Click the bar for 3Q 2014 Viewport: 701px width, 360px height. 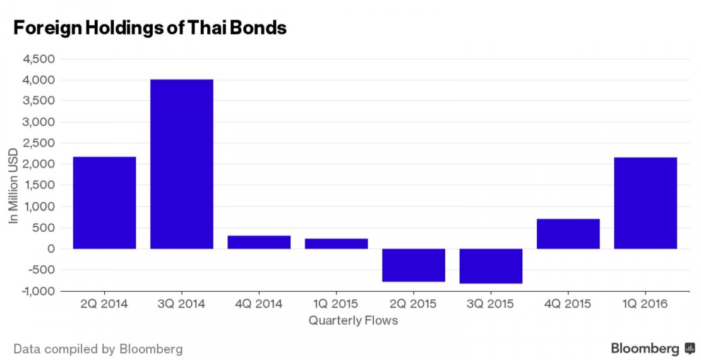pos(182,164)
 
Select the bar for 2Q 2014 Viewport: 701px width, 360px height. pos(104,203)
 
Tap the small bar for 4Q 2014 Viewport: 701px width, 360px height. pos(259,242)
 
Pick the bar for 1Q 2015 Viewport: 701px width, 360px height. pos(336,243)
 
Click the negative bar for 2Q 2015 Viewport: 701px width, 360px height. pos(414,265)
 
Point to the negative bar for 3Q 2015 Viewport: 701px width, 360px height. pos(491,266)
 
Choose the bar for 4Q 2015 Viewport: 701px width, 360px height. pos(568,234)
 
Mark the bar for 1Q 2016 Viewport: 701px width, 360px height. pos(645,203)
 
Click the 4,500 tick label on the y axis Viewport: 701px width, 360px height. pos(39,59)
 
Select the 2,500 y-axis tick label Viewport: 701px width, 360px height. pos(39,143)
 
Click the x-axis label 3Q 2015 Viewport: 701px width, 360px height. pos(491,304)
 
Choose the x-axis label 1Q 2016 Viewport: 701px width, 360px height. pos(645,304)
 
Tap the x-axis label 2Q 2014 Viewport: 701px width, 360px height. pos(104,304)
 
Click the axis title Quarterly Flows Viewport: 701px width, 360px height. pos(353,321)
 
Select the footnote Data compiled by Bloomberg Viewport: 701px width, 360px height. pos(98,349)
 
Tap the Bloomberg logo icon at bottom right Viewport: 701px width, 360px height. pos(690,349)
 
